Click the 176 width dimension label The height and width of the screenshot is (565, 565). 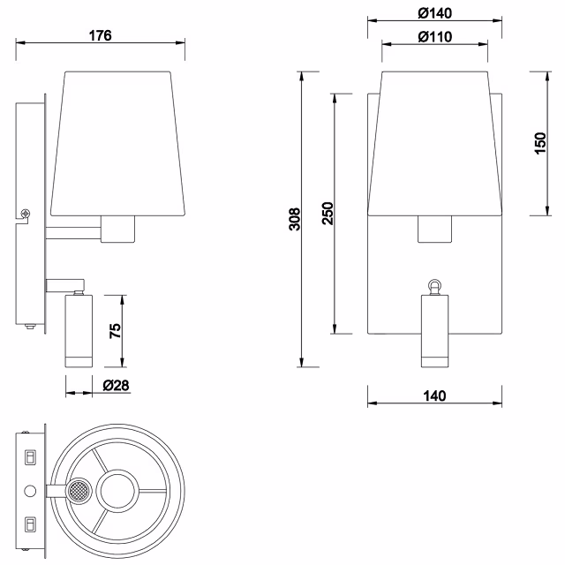[x=101, y=35]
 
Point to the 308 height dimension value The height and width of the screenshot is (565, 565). [x=295, y=218]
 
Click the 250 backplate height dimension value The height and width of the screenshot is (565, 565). [x=327, y=214]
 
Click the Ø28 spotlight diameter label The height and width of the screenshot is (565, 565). [x=117, y=386]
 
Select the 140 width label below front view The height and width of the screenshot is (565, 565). [x=434, y=395]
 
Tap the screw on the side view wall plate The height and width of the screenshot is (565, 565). [x=26, y=213]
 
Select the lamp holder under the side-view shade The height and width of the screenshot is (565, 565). [x=117, y=230]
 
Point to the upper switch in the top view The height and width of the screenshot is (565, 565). [x=29, y=457]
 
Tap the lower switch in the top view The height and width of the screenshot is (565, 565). [x=29, y=524]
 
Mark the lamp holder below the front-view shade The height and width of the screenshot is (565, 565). [x=433, y=230]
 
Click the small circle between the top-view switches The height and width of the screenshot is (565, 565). [x=29, y=490]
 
